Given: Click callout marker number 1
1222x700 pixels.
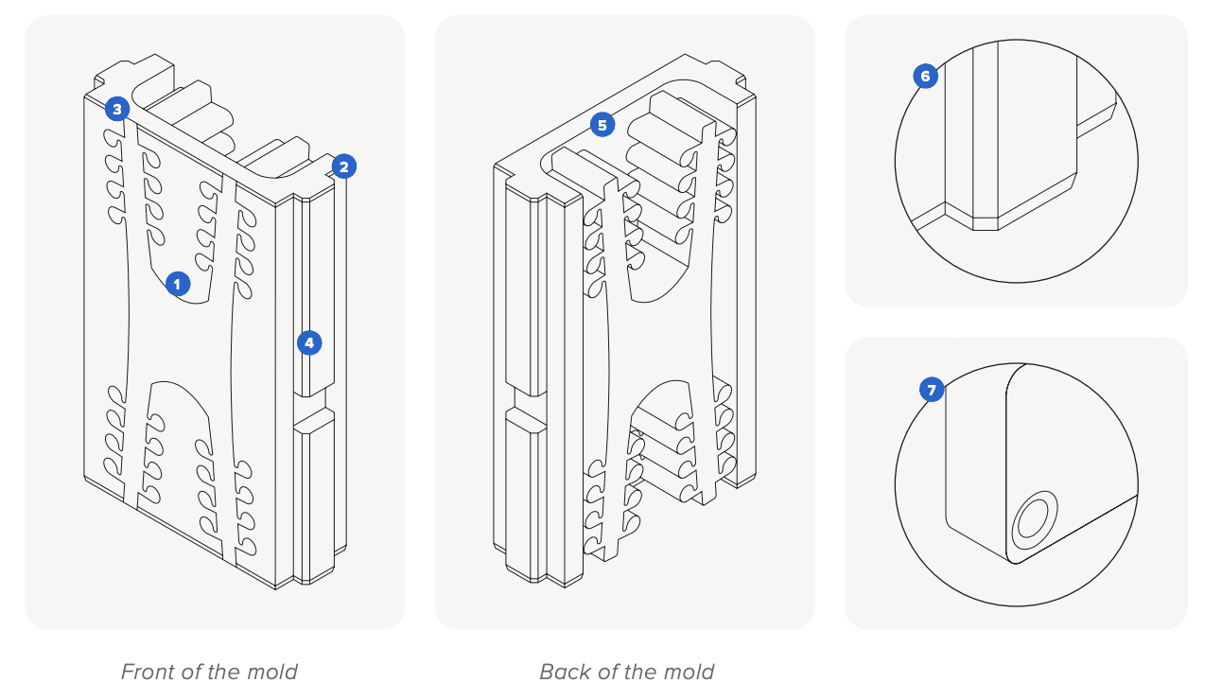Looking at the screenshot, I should pyautogui.click(x=178, y=283).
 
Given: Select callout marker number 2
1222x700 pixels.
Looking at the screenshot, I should pyautogui.click(x=343, y=167).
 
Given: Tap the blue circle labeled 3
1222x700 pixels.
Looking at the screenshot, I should pyautogui.click(x=116, y=109).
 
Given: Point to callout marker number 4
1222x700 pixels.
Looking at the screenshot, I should pyautogui.click(x=309, y=342).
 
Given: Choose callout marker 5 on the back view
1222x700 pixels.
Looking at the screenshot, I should pyautogui.click(x=602, y=124).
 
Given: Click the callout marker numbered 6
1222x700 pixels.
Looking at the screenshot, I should pyautogui.click(x=926, y=77).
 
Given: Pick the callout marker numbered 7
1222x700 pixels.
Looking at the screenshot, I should pyautogui.click(x=932, y=389).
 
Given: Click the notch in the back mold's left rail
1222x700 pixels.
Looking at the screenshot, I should pyautogui.click(x=526, y=403).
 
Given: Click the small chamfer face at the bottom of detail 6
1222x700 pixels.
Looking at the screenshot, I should pyautogui.click(x=986, y=224).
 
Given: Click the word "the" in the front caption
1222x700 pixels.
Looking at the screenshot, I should pyautogui.click(x=223, y=673).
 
